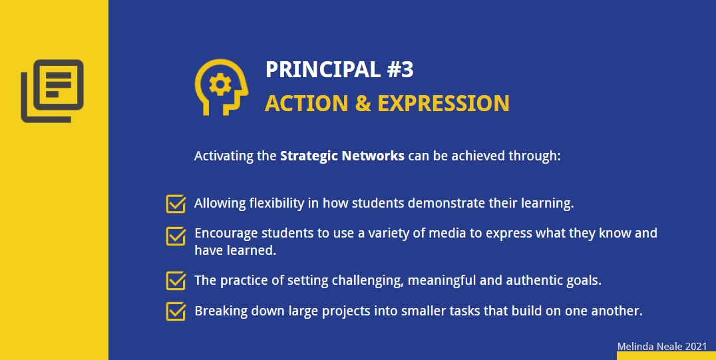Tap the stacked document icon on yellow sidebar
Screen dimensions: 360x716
(53, 90)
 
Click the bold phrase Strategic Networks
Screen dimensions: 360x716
(342, 156)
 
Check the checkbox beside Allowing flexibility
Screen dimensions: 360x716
(176, 203)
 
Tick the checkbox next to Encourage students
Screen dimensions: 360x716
(176, 236)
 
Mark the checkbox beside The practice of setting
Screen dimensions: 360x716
(176, 280)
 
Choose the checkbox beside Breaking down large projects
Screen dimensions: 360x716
(176, 311)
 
